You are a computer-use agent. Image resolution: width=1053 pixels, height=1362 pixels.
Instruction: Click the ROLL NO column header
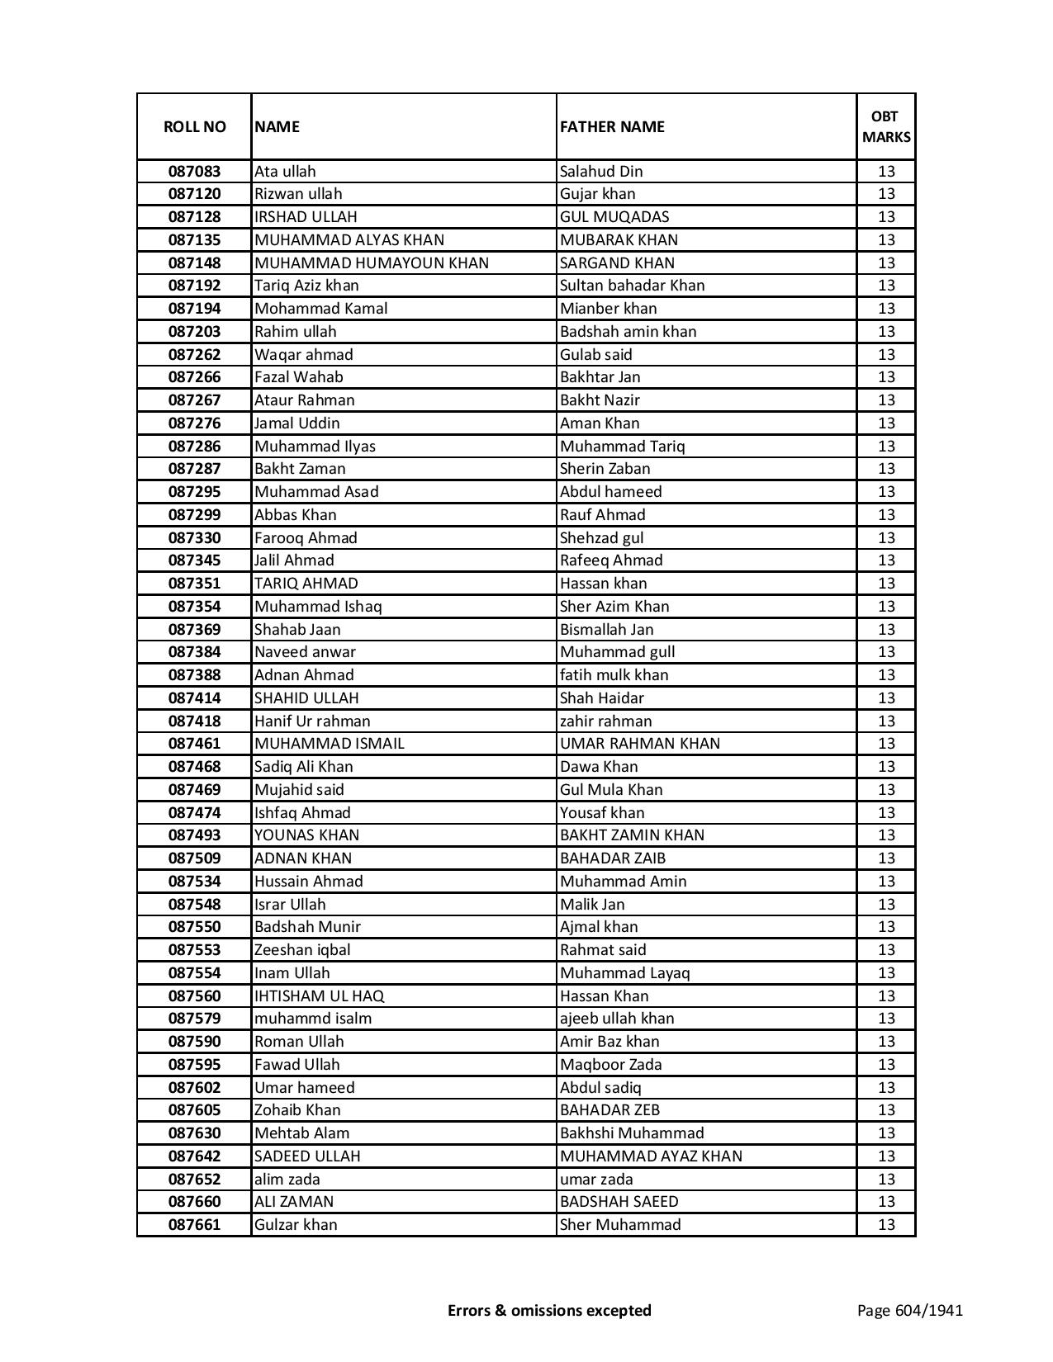(x=194, y=126)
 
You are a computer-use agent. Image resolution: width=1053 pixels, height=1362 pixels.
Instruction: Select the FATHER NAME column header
(x=612, y=126)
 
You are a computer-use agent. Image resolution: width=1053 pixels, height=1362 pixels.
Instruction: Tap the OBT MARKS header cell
(x=885, y=126)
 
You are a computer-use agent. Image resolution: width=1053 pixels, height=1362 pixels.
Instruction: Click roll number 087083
(x=194, y=172)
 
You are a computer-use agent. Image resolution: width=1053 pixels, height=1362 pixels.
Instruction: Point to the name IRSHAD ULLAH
(x=306, y=217)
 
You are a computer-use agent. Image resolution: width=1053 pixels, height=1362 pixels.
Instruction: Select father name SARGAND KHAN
(x=617, y=263)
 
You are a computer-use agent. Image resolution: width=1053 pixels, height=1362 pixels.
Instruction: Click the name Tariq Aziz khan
(x=306, y=286)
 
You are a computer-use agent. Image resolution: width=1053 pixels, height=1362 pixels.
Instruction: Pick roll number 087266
(x=194, y=377)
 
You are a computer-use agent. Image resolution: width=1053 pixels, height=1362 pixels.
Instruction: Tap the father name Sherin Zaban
(x=605, y=469)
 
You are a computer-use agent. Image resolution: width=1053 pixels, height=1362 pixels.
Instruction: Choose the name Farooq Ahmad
(x=306, y=538)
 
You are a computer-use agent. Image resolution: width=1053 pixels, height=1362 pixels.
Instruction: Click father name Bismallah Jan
(x=606, y=630)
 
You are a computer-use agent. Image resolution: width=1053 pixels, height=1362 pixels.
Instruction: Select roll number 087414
(x=194, y=698)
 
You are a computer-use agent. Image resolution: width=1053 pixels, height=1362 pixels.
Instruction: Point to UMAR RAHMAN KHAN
(x=639, y=744)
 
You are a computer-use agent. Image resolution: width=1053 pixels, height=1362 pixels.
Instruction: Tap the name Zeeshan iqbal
(x=302, y=950)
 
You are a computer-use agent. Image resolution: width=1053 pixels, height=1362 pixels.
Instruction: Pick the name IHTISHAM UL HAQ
(x=319, y=996)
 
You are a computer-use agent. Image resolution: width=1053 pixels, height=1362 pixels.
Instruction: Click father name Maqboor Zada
(x=610, y=1065)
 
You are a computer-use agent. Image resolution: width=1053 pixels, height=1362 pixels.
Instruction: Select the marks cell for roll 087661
(x=885, y=1225)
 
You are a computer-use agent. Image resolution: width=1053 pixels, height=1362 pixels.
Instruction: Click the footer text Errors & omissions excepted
(x=549, y=1310)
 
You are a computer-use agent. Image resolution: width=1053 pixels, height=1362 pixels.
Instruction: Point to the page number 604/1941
(x=909, y=1310)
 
